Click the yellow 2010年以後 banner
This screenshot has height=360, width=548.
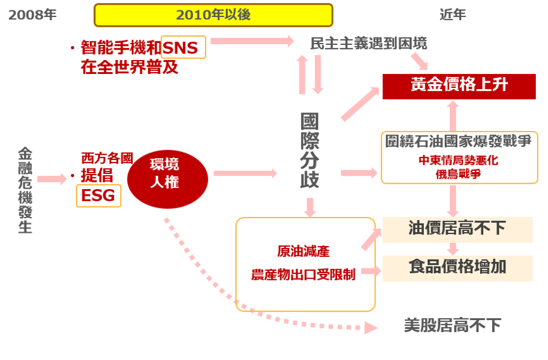pos(213,15)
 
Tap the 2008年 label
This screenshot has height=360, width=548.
pos(32,15)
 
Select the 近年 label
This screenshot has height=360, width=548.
pos(453,15)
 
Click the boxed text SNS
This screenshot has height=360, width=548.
pos(184,47)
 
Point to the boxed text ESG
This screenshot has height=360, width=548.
pos(98,196)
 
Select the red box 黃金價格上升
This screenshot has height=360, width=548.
pos(459,85)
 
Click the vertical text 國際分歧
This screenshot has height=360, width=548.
pos(310,150)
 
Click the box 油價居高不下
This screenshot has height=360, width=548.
pos(457,228)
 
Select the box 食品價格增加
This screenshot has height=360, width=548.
pos(457,267)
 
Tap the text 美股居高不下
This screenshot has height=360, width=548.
pos(452,325)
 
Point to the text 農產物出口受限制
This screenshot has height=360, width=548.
pos(303,275)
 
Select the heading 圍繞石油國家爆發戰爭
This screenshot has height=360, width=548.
pos(458,141)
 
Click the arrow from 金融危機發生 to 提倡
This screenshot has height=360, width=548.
pos(52,179)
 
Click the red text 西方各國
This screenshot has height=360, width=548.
pos(107,159)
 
